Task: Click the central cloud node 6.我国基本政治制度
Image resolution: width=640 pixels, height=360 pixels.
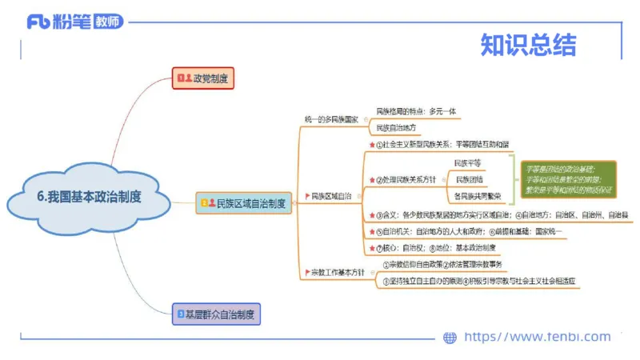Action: point(89,197)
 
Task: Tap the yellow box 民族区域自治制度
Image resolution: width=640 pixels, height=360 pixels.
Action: point(244,203)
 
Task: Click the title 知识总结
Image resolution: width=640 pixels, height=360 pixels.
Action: point(528,45)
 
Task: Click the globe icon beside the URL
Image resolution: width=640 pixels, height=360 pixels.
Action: point(450,338)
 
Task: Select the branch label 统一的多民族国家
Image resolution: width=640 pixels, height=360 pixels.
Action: point(331,119)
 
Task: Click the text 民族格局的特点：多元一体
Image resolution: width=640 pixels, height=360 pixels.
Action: point(416,111)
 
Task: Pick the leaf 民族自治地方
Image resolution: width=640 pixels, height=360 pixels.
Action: point(397,127)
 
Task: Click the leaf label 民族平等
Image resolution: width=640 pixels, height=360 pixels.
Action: point(467,163)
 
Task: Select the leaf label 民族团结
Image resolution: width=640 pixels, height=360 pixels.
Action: point(469,179)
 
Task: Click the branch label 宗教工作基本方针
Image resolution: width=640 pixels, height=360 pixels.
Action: point(337,272)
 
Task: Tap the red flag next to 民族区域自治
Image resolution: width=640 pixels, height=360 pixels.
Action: point(306,196)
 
